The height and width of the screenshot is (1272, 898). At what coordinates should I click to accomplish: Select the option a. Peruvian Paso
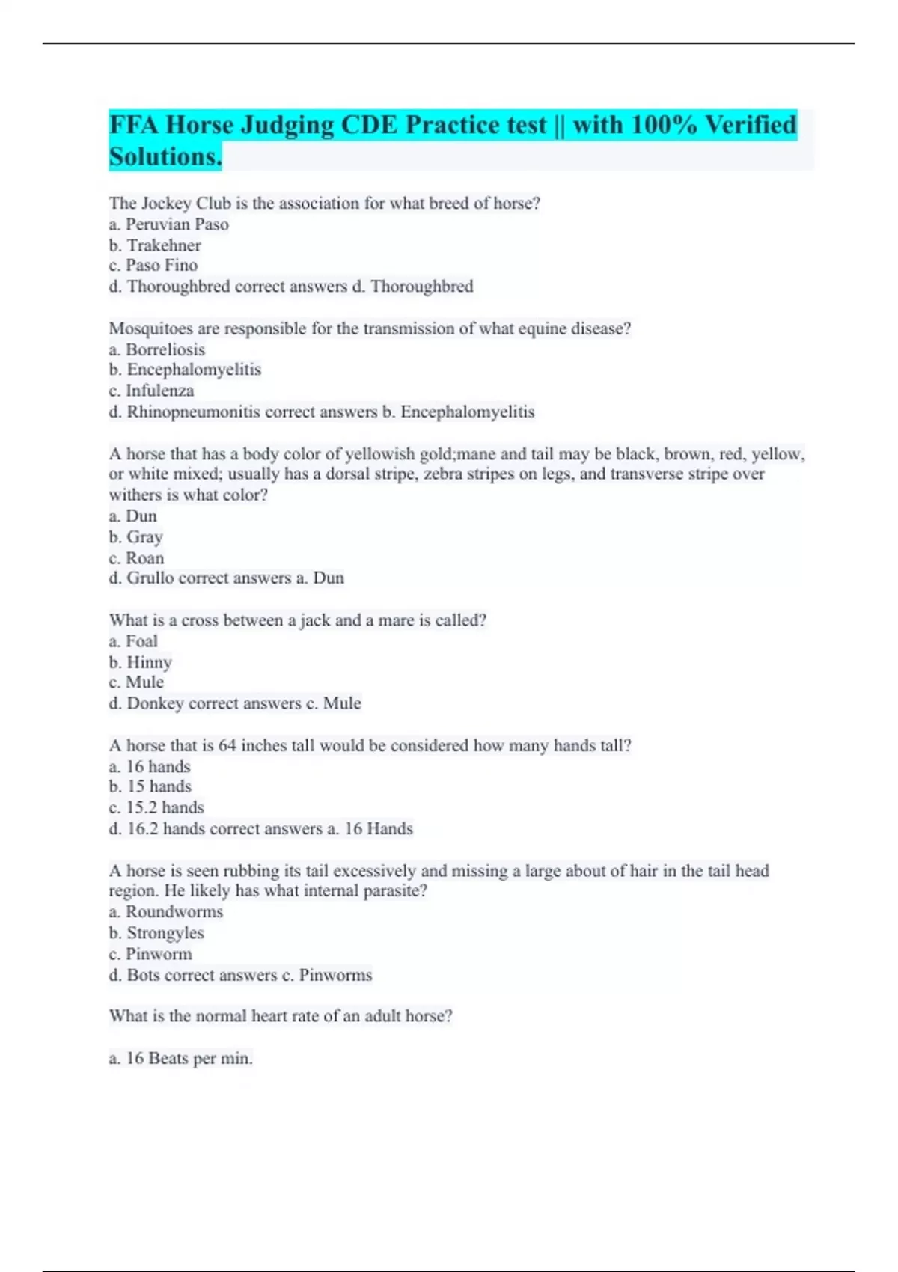[x=168, y=224]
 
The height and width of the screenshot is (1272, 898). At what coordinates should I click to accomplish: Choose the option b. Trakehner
[x=155, y=245]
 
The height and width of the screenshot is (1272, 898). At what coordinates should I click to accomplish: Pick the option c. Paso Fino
[x=153, y=266]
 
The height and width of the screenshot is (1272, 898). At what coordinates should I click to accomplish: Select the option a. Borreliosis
[x=156, y=349]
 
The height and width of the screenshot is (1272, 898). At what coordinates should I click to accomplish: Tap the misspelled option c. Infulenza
[x=151, y=391]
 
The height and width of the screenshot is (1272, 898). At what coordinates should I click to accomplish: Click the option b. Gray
[x=135, y=537]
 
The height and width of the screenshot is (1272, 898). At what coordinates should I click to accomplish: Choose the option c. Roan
[x=136, y=558]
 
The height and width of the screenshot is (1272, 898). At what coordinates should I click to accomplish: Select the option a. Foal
[x=133, y=641]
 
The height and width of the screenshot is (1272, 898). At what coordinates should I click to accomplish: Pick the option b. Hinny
[x=140, y=662]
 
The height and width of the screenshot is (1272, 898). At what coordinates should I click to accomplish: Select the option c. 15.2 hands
[x=156, y=807]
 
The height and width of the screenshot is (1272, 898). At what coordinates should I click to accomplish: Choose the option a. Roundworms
[x=165, y=912]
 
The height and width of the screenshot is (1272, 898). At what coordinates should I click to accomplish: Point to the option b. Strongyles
[x=156, y=933]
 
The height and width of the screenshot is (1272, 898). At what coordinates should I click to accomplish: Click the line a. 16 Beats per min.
[x=180, y=1059]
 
